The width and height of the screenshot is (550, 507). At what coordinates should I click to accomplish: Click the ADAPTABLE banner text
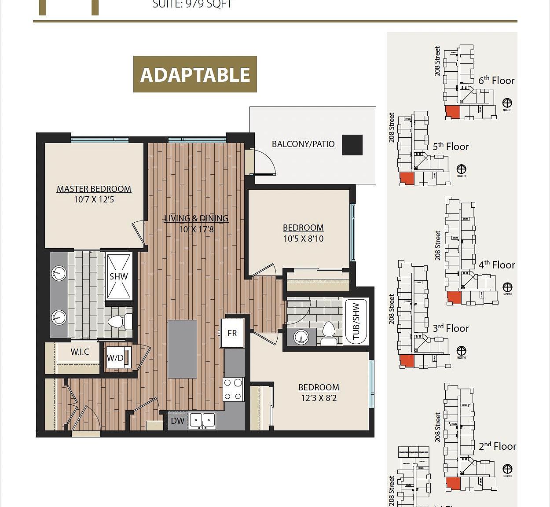(x=195, y=74)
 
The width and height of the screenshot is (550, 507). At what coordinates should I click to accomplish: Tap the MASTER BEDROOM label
(x=94, y=189)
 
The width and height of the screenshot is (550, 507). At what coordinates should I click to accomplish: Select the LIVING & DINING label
(x=196, y=218)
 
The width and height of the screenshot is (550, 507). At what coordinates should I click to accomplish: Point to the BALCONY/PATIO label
(x=303, y=144)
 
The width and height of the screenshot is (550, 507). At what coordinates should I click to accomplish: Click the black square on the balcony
(x=352, y=145)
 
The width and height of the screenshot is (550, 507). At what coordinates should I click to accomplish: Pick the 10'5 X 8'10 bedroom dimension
(x=303, y=239)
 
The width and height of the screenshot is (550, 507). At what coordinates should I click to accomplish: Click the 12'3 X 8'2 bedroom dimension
(x=319, y=398)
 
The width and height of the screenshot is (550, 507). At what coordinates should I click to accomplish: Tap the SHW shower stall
(x=118, y=276)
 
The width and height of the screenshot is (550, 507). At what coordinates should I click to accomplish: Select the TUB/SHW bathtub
(x=356, y=321)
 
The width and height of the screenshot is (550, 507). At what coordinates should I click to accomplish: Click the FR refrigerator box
(x=232, y=333)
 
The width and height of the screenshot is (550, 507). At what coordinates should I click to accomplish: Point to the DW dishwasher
(x=178, y=421)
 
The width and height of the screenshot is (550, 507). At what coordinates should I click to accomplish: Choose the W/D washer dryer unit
(x=116, y=358)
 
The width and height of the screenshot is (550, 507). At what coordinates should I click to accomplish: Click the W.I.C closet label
(x=80, y=352)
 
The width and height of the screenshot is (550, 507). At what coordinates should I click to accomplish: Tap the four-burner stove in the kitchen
(x=233, y=389)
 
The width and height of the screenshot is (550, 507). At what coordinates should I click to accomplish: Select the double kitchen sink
(x=202, y=420)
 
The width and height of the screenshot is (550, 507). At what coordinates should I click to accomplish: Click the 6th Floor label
(x=496, y=81)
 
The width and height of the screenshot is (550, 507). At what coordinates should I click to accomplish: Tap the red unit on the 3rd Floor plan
(x=407, y=361)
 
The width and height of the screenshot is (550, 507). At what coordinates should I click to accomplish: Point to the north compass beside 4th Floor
(x=507, y=287)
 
